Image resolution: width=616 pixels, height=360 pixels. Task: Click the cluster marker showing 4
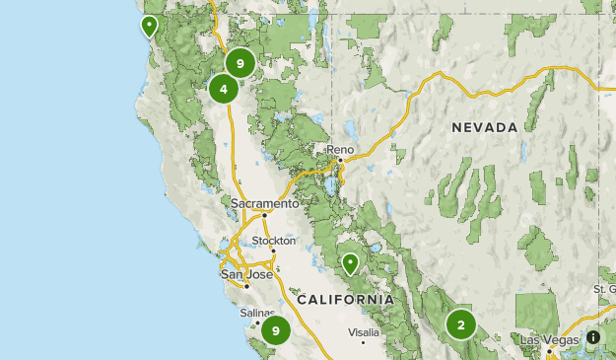(224, 89)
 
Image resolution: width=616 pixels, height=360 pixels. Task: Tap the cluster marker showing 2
(460, 324)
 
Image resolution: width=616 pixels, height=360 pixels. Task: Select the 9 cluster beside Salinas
(276, 330)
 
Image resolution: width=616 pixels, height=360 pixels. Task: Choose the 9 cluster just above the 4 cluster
(240, 64)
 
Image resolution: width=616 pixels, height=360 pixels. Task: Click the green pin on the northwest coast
(150, 26)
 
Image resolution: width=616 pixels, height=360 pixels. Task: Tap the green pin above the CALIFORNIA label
(350, 262)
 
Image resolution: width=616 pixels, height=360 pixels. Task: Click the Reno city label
(340, 150)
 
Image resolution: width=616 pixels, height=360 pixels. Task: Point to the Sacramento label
(264, 204)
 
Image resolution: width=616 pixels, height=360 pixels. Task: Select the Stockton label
(273, 241)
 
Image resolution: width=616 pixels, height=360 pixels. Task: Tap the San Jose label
(245, 274)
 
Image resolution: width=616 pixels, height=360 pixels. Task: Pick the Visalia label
(363, 331)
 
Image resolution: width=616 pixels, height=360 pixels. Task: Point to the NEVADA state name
(484, 128)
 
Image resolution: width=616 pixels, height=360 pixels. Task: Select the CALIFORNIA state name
(345, 299)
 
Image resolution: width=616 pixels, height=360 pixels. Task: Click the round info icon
(593, 337)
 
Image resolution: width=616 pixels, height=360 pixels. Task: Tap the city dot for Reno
(340, 160)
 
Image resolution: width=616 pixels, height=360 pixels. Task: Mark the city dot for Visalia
(363, 341)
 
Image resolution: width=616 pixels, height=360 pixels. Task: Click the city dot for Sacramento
(264, 214)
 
